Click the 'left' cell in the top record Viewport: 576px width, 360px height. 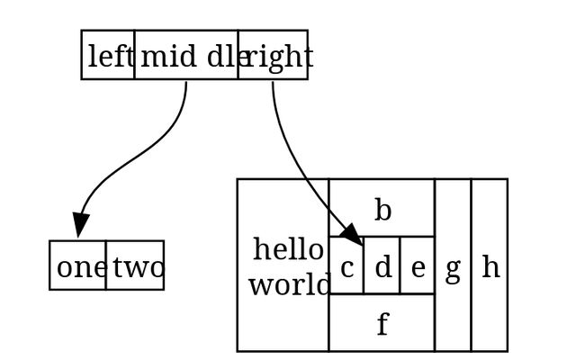coord(108,55)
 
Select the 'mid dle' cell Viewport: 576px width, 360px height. coord(186,55)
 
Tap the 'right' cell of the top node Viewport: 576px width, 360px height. coord(273,55)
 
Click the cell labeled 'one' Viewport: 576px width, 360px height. coord(77,265)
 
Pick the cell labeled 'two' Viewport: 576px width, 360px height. coord(135,265)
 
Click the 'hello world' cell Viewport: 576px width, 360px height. coord(283,265)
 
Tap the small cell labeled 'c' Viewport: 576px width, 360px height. coord(346,266)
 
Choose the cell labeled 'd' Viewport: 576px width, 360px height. coord(382,266)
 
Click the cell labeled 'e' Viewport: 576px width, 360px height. coord(417,266)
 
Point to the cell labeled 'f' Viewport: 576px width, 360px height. coord(382,322)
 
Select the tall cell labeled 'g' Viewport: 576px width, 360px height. coord(453,265)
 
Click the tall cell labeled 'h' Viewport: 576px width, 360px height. coord(489,265)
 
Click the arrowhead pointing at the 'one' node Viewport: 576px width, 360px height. coord(80,225)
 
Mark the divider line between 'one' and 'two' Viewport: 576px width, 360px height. coord(106,265)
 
